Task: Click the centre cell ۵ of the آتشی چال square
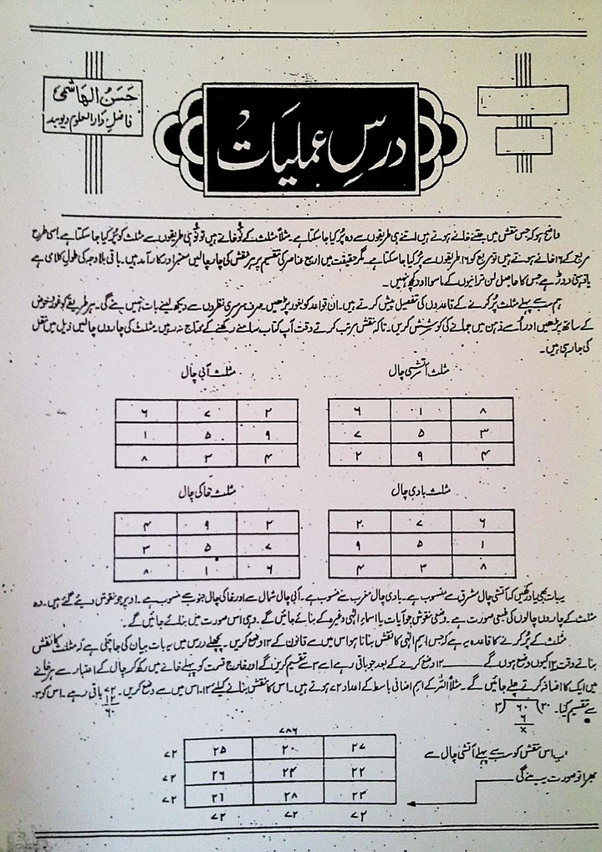click(x=389, y=433)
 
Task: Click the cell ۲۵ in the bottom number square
click(x=218, y=747)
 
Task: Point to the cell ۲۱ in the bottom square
click(x=218, y=795)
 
